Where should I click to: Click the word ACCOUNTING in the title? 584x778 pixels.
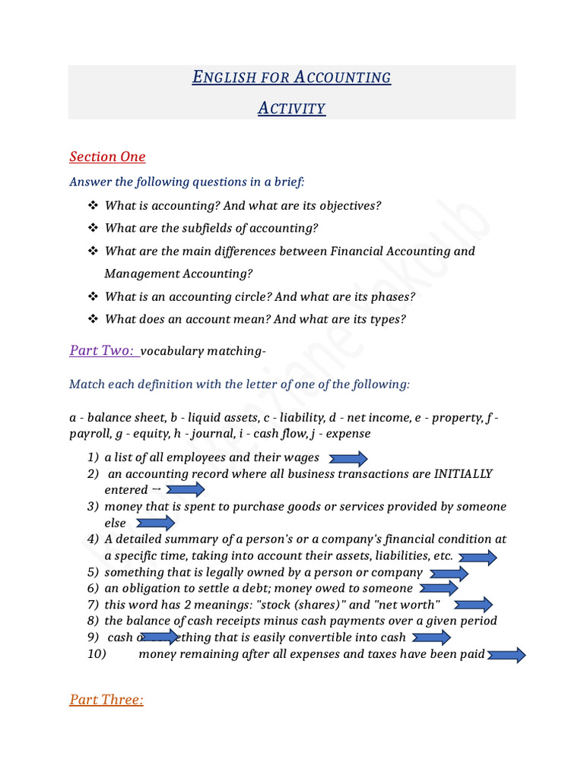pos(342,77)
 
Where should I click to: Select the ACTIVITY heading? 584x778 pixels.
pos(292,108)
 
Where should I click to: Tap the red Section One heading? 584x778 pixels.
pos(107,157)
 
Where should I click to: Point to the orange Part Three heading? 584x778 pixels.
pos(106,700)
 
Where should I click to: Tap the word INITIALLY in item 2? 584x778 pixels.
pos(462,474)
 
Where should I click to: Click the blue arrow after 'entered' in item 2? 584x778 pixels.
pos(185,490)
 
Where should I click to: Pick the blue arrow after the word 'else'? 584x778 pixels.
pos(155,523)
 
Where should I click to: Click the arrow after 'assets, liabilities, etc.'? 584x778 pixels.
pos(478,558)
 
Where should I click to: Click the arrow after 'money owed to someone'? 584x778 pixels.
pos(439,588)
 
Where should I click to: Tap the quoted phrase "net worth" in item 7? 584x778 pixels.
pos(405,605)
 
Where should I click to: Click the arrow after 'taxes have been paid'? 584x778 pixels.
pos(506,655)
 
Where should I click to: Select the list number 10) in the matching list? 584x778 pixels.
pos(97,654)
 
